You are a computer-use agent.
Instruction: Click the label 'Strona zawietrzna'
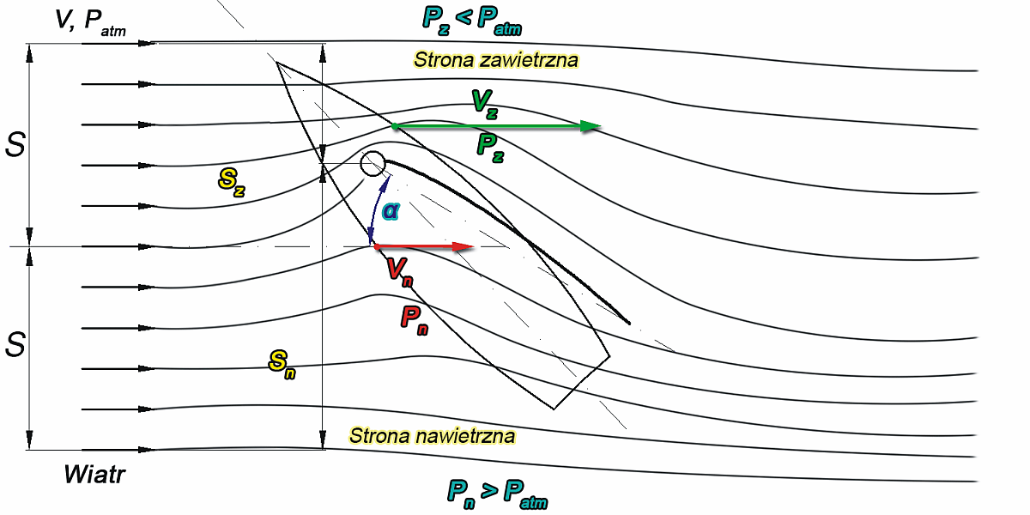[x=496, y=60]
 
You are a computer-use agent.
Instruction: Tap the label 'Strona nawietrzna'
[x=433, y=435]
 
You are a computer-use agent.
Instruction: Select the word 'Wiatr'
[x=94, y=475]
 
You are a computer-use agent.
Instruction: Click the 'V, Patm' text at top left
[x=90, y=23]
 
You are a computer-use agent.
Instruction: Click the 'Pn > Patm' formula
[x=497, y=493]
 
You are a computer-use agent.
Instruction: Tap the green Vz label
[x=484, y=103]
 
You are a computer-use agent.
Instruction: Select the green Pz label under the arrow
[x=490, y=148]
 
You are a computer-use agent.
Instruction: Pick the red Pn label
[x=415, y=319]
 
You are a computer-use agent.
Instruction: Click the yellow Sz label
[x=232, y=182]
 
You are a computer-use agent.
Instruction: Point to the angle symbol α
[x=391, y=209]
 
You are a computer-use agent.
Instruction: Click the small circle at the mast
[x=373, y=163]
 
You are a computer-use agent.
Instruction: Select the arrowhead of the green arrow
[x=591, y=127]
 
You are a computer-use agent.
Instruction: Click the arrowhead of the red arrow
[x=463, y=247]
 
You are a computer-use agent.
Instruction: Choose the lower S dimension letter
[x=15, y=345]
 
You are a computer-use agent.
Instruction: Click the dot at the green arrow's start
[x=394, y=127]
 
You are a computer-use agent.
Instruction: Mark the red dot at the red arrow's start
[x=376, y=247]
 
